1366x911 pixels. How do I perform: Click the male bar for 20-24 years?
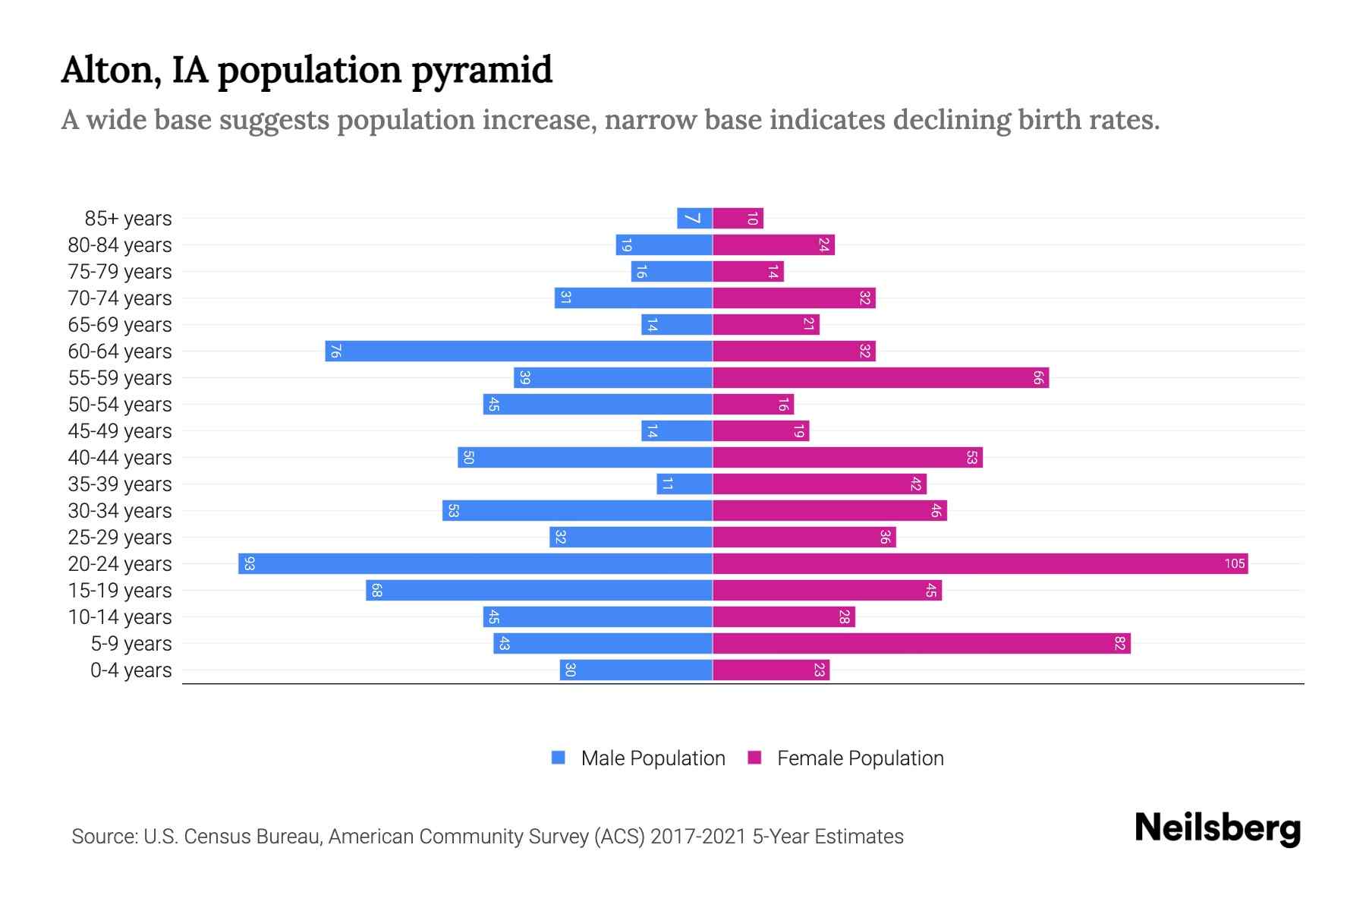475,563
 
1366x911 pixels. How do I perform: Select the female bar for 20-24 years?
980,563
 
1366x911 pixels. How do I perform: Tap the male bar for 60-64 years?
518,351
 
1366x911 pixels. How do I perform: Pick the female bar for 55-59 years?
880,377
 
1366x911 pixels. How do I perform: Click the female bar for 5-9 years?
921,643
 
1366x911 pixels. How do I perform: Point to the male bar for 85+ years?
694,218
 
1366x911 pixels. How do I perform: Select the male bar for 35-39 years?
685,484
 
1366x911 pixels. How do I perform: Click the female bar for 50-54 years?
753,404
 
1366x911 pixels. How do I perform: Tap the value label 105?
1234,563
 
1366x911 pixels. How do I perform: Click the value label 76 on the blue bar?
335,351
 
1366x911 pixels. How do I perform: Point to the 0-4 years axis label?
131,670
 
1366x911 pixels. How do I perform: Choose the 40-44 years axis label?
120,458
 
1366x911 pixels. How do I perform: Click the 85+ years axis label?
127,219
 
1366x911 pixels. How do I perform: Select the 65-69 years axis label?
120,325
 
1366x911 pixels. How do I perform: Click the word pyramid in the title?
482,71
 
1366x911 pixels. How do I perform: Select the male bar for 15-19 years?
539,590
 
